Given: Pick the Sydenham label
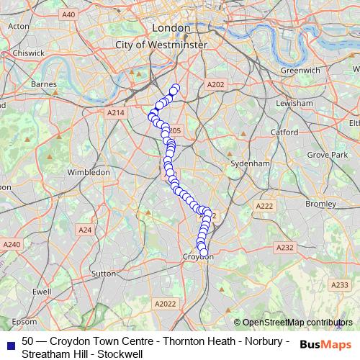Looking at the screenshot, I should click(x=249, y=164).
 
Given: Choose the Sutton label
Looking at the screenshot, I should click(x=104, y=274).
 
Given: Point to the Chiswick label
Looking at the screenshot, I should click(x=27, y=53).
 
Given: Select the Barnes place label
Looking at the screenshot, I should click(x=44, y=84).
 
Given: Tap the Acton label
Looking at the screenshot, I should click(x=19, y=26).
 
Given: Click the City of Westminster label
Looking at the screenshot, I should click(x=161, y=45).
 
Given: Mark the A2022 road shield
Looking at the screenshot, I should click(x=165, y=305).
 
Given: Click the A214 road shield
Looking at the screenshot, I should click(x=115, y=113).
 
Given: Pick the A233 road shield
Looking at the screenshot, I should click(x=339, y=286).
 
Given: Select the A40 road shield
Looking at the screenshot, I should click(x=68, y=14).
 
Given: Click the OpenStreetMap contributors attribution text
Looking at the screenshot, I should click(x=297, y=322).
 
